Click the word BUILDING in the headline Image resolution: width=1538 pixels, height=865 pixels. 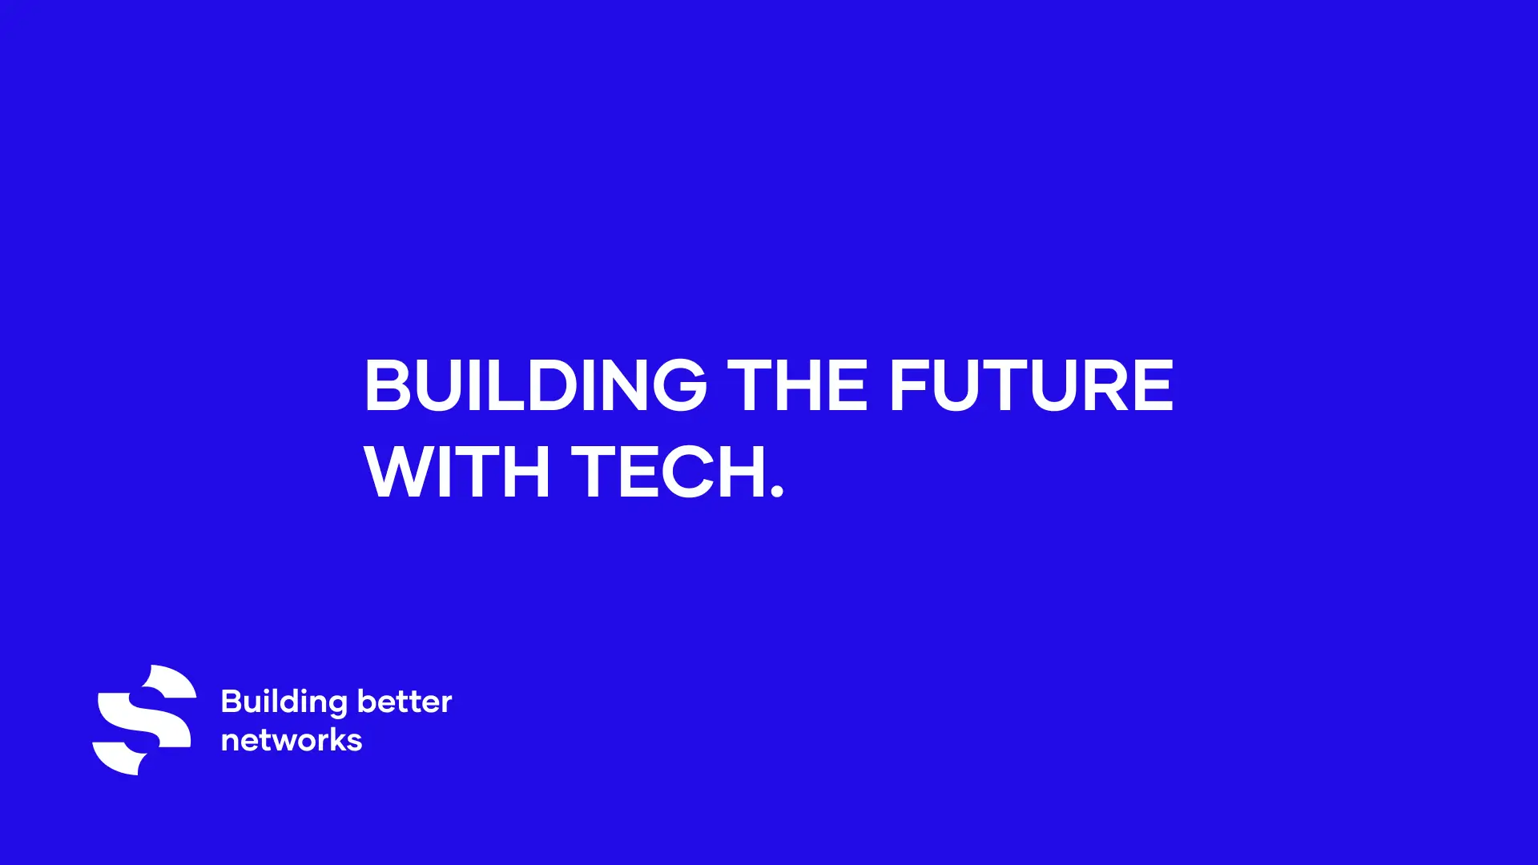tap(536, 385)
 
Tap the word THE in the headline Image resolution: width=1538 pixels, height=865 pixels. tap(797, 385)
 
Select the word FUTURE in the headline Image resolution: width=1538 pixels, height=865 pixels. tap(1032, 385)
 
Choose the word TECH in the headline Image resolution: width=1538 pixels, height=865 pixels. tap(669, 472)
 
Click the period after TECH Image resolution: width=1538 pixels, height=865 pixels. tap(776, 490)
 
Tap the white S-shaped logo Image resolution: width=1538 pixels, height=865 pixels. tap(144, 719)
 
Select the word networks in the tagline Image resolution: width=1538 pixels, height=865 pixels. tap(292, 740)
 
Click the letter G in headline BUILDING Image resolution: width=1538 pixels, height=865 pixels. tap(680, 385)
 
